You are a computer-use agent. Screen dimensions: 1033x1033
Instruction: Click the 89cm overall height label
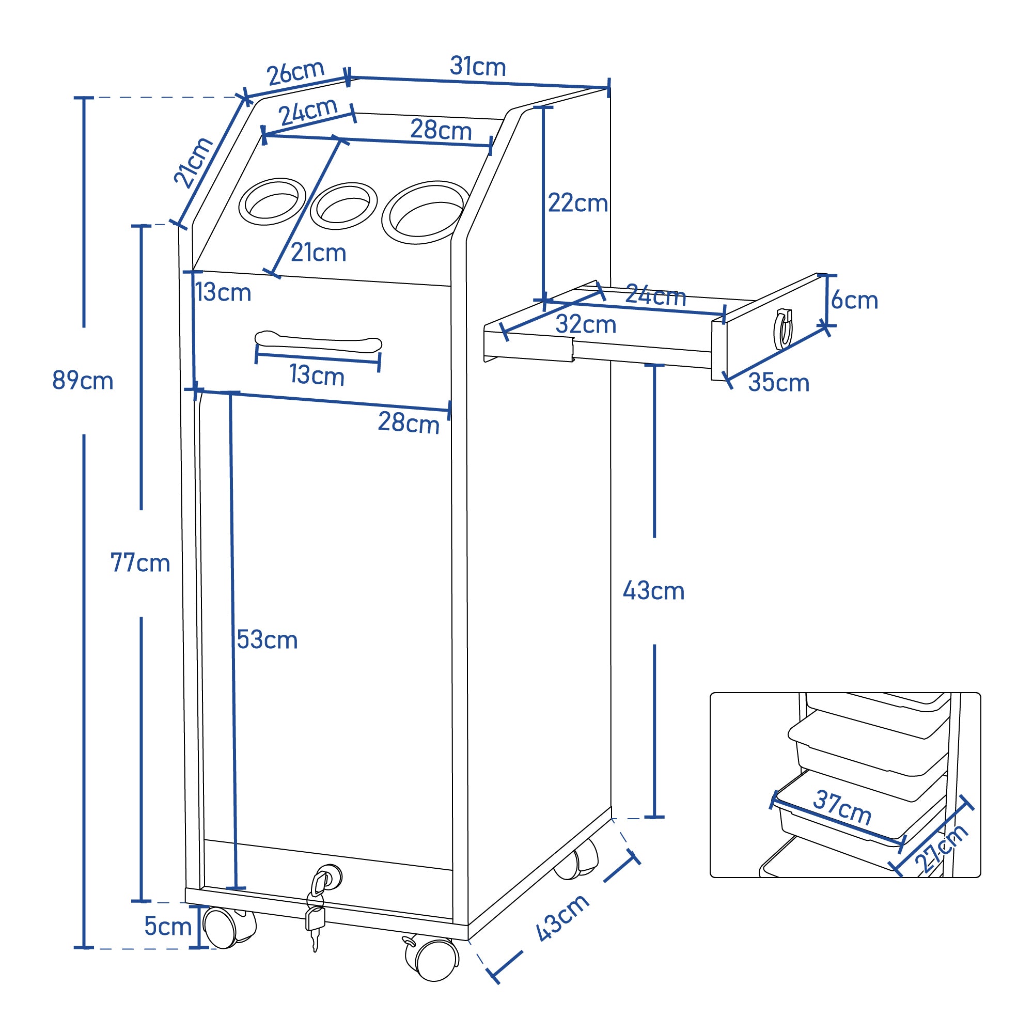pyautogui.click(x=83, y=381)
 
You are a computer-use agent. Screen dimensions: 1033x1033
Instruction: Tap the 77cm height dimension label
pyautogui.click(x=140, y=563)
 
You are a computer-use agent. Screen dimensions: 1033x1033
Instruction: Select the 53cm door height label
pyautogui.click(x=267, y=639)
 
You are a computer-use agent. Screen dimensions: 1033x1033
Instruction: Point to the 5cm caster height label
pyautogui.click(x=168, y=926)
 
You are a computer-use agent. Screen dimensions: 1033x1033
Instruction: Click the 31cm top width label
pyautogui.click(x=477, y=67)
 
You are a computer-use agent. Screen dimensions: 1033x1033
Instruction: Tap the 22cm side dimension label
pyautogui.click(x=578, y=203)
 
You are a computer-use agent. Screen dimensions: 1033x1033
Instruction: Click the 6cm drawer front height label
pyautogui.click(x=854, y=301)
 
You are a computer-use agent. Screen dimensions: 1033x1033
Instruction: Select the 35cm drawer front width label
pyautogui.click(x=778, y=383)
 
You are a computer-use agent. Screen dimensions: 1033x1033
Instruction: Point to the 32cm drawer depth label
pyautogui.click(x=586, y=324)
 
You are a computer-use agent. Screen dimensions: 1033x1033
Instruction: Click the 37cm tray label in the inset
pyautogui.click(x=842, y=808)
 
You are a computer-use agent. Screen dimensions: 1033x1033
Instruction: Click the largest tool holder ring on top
pyautogui.click(x=425, y=212)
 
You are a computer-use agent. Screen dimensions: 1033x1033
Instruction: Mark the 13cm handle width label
pyautogui.click(x=317, y=375)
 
